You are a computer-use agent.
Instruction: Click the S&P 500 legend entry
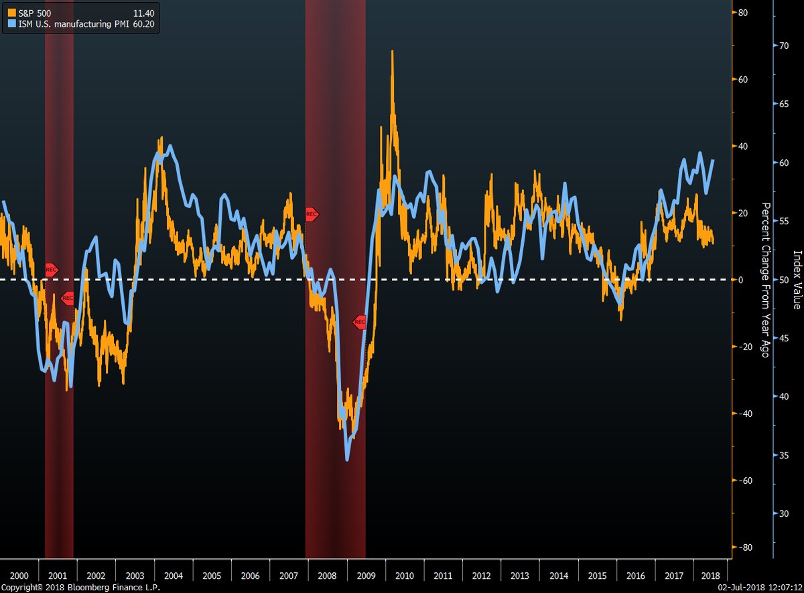pyautogui.click(x=27, y=13)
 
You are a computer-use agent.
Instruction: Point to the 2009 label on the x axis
pyautogui.click(x=366, y=576)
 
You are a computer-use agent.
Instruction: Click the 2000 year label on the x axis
pyautogui.click(x=19, y=576)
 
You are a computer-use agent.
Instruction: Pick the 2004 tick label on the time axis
pyautogui.click(x=174, y=576)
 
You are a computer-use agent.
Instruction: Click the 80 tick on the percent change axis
pyautogui.click(x=744, y=12)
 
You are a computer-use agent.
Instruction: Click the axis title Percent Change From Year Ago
pyautogui.click(x=764, y=280)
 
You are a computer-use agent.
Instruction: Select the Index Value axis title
pyautogui.click(x=797, y=280)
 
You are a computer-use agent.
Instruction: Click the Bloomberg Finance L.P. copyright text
pyautogui.click(x=80, y=587)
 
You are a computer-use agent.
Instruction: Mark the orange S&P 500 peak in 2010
pyautogui.click(x=392, y=52)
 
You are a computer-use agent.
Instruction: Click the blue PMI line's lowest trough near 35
pyautogui.click(x=347, y=459)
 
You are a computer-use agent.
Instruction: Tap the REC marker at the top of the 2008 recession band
pyautogui.click(x=312, y=214)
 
